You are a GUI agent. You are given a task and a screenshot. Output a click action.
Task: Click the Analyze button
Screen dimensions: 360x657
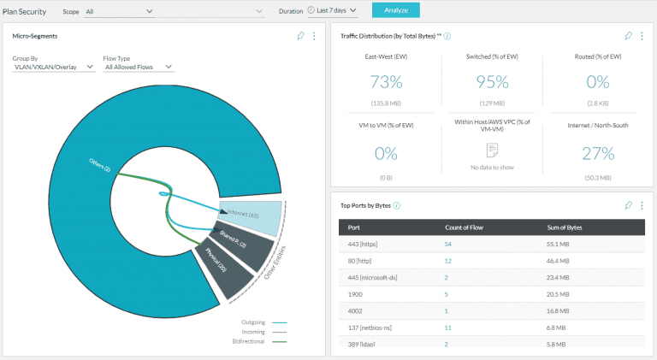[x=395, y=11]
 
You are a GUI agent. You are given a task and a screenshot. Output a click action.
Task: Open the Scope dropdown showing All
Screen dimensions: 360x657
[x=120, y=11]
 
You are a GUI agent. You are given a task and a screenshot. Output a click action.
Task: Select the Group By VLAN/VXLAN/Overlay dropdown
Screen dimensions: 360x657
[x=53, y=67]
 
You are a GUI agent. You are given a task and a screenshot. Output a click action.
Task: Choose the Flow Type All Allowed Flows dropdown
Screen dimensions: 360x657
[x=138, y=67]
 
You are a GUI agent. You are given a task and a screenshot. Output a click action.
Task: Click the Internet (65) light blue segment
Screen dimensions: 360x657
[x=252, y=218]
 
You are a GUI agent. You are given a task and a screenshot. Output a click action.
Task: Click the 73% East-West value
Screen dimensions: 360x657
[x=385, y=82]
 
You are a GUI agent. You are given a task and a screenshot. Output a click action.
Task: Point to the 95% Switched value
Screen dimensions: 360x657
[x=492, y=82]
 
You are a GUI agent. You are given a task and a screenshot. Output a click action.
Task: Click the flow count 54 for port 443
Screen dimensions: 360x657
[x=447, y=245]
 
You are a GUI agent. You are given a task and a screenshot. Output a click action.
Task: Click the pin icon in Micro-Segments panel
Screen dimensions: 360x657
[x=300, y=36]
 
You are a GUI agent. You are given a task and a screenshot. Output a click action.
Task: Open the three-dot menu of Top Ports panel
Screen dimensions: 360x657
[x=642, y=205]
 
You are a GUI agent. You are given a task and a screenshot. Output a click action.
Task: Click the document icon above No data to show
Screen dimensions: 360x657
[x=492, y=150]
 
